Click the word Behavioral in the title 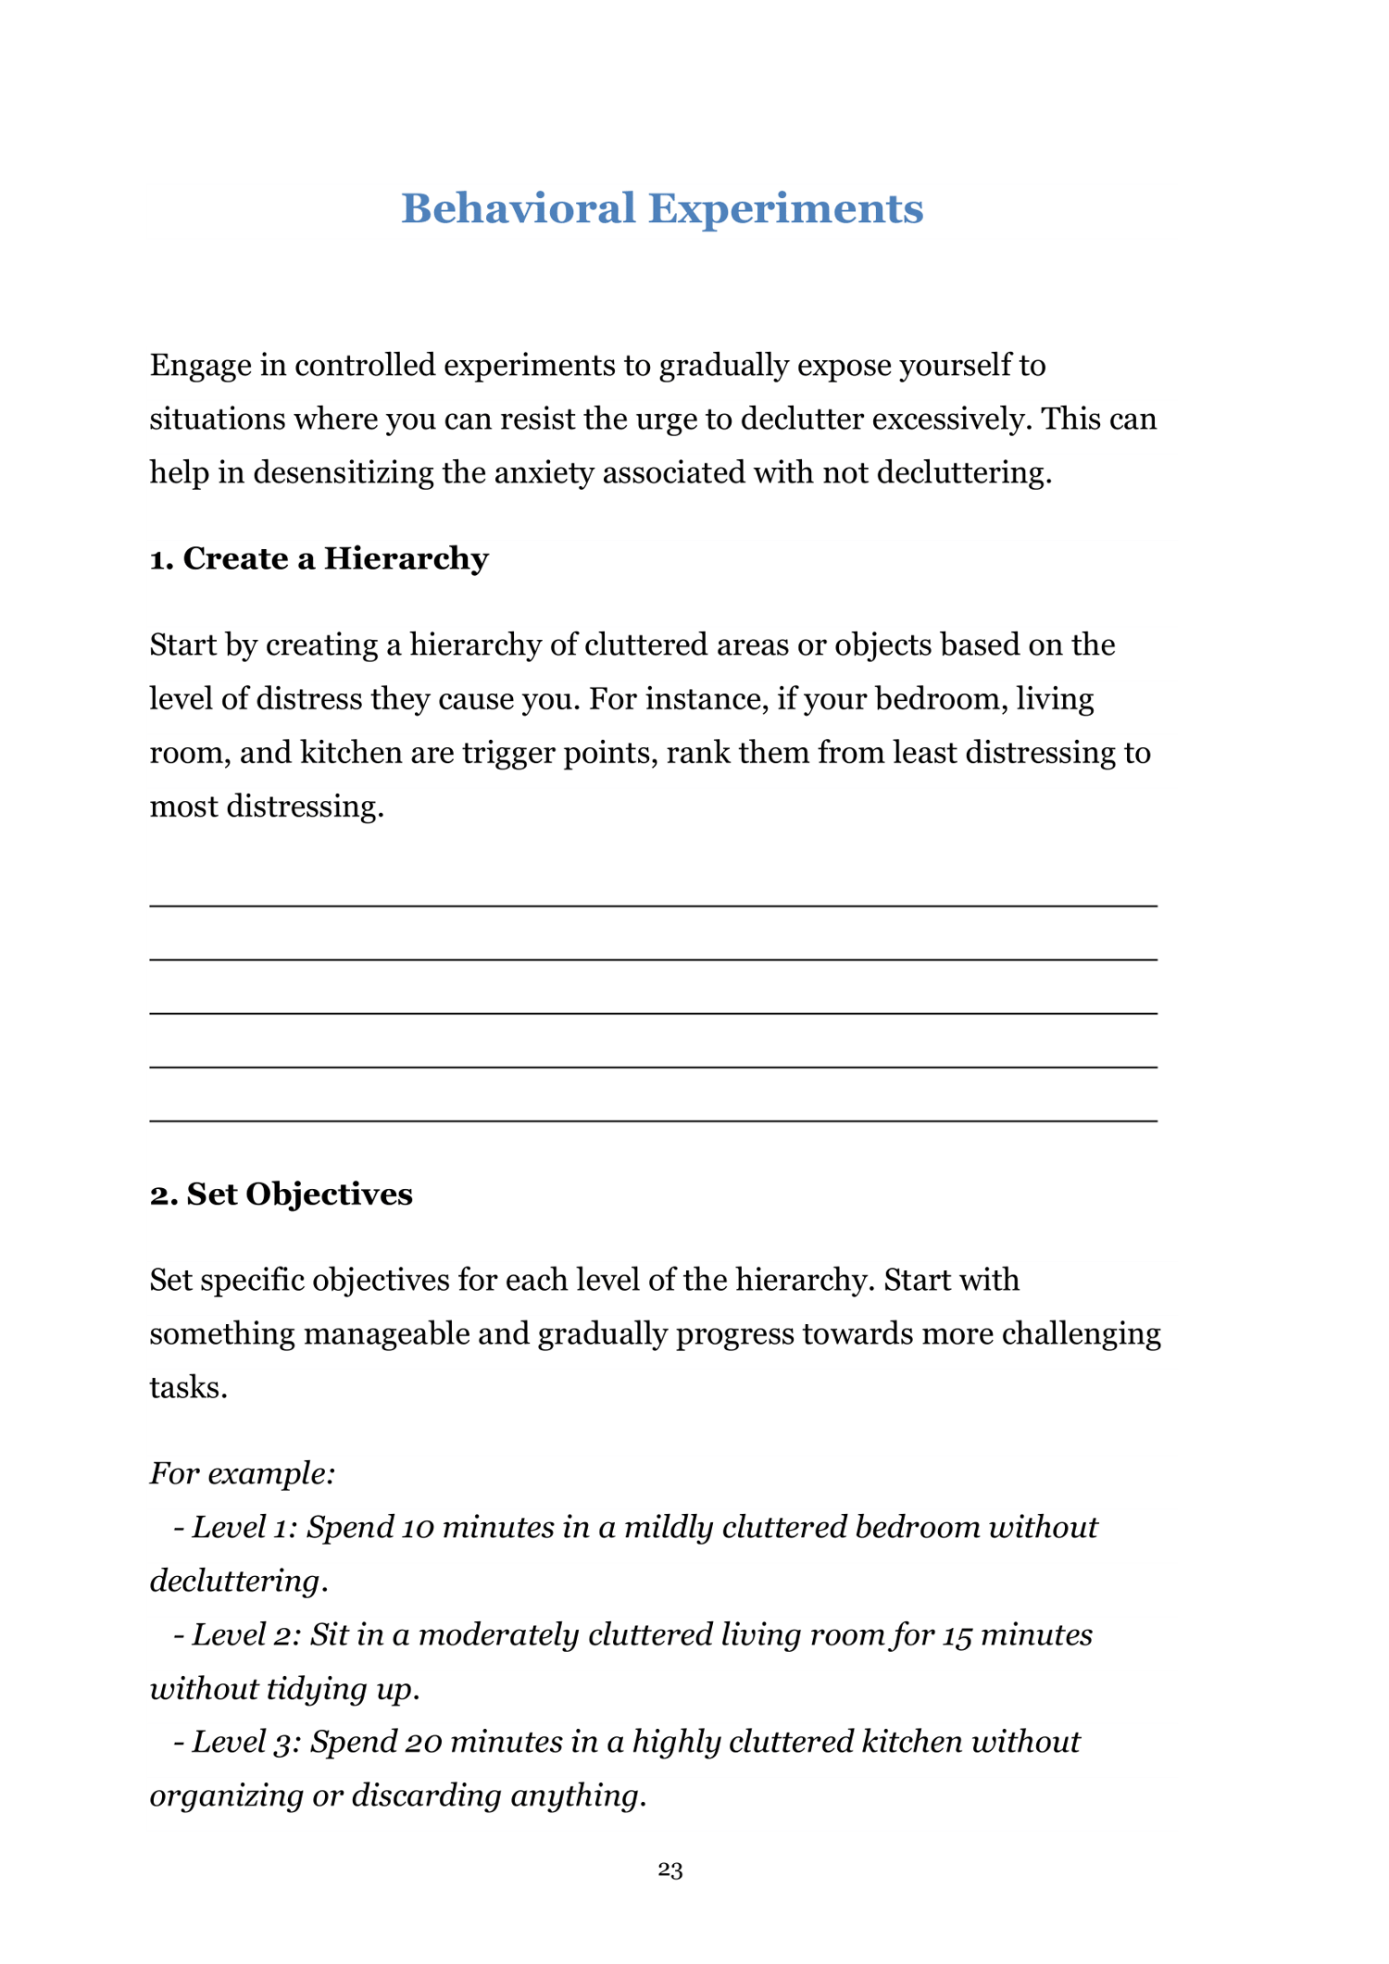click(518, 208)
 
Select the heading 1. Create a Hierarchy click(319, 558)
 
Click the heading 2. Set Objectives click(281, 1194)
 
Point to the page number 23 click(670, 1870)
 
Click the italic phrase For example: click(243, 1472)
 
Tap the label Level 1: click(244, 1526)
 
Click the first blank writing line click(653, 905)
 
